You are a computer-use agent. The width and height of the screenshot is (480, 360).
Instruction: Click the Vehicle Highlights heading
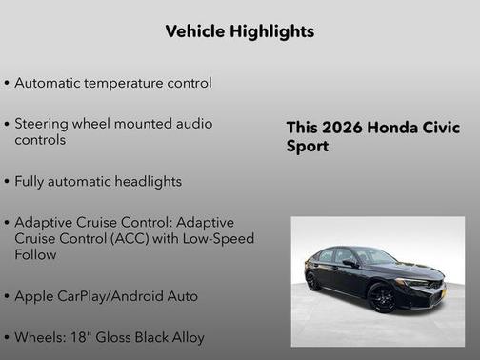(239, 31)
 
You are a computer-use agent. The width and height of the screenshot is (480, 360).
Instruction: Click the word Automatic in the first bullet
(49, 83)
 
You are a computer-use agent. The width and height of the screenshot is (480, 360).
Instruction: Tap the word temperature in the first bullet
(128, 83)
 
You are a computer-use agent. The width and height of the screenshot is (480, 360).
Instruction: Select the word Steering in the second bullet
(44, 124)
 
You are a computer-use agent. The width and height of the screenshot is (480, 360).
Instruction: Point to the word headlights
(145, 181)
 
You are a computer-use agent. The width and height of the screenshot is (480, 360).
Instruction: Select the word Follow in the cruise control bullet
(35, 254)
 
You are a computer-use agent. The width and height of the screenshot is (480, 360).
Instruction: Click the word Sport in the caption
(308, 148)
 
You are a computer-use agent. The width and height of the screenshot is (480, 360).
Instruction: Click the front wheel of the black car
(381, 297)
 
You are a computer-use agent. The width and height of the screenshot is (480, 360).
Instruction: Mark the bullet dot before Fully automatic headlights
(8, 181)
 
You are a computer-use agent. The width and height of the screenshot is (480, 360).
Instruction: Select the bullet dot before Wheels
(8, 337)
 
